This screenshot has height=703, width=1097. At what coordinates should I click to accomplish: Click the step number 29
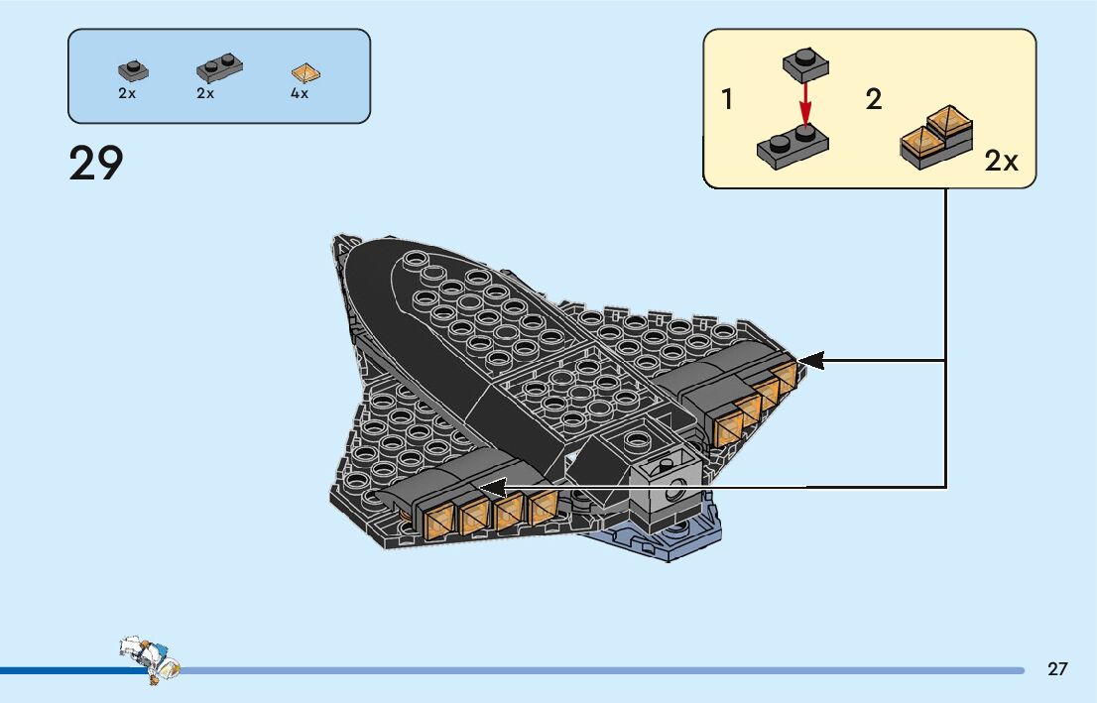(x=96, y=164)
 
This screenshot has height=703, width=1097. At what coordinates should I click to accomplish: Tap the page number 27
(x=1057, y=668)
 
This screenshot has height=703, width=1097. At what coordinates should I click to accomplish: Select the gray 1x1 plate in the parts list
(x=132, y=70)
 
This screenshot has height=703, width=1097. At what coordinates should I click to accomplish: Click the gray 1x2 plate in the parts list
(x=218, y=67)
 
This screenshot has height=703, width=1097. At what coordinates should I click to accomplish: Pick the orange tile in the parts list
(x=306, y=72)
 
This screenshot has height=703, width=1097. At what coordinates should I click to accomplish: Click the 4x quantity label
(x=300, y=94)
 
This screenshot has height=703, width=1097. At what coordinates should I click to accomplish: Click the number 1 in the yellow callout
(x=728, y=100)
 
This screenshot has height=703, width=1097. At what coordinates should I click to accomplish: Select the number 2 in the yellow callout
(x=874, y=100)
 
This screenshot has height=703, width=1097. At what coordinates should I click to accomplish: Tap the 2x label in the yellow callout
(x=1001, y=162)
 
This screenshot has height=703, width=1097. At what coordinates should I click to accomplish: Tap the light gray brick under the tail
(x=664, y=485)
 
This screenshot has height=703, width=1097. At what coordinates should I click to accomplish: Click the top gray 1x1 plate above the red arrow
(x=804, y=63)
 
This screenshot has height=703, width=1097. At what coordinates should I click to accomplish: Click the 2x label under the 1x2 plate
(x=205, y=94)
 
